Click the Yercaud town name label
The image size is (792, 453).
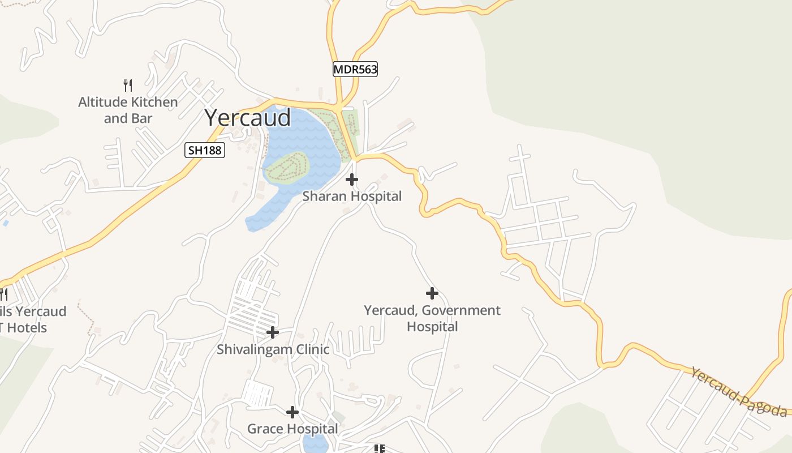[x=248, y=118]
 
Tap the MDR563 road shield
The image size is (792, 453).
[x=355, y=69]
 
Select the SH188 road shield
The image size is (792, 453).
[x=205, y=150]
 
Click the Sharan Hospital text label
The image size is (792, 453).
[x=352, y=196]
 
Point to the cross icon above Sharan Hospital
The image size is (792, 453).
[x=352, y=180]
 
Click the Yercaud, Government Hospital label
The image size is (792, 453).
[x=432, y=318]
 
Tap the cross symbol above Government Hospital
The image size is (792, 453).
[x=432, y=293]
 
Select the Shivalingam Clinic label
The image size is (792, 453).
[x=273, y=349]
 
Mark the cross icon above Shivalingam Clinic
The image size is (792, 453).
[x=273, y=332]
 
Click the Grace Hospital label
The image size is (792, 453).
[x=292, y=429]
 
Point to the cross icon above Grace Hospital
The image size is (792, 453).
[x=292, y=412]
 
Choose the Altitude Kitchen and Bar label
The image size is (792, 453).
[x=128, y=110]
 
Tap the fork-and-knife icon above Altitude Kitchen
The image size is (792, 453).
[x=128, y=86]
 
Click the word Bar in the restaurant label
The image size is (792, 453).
[x=143, y=118]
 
